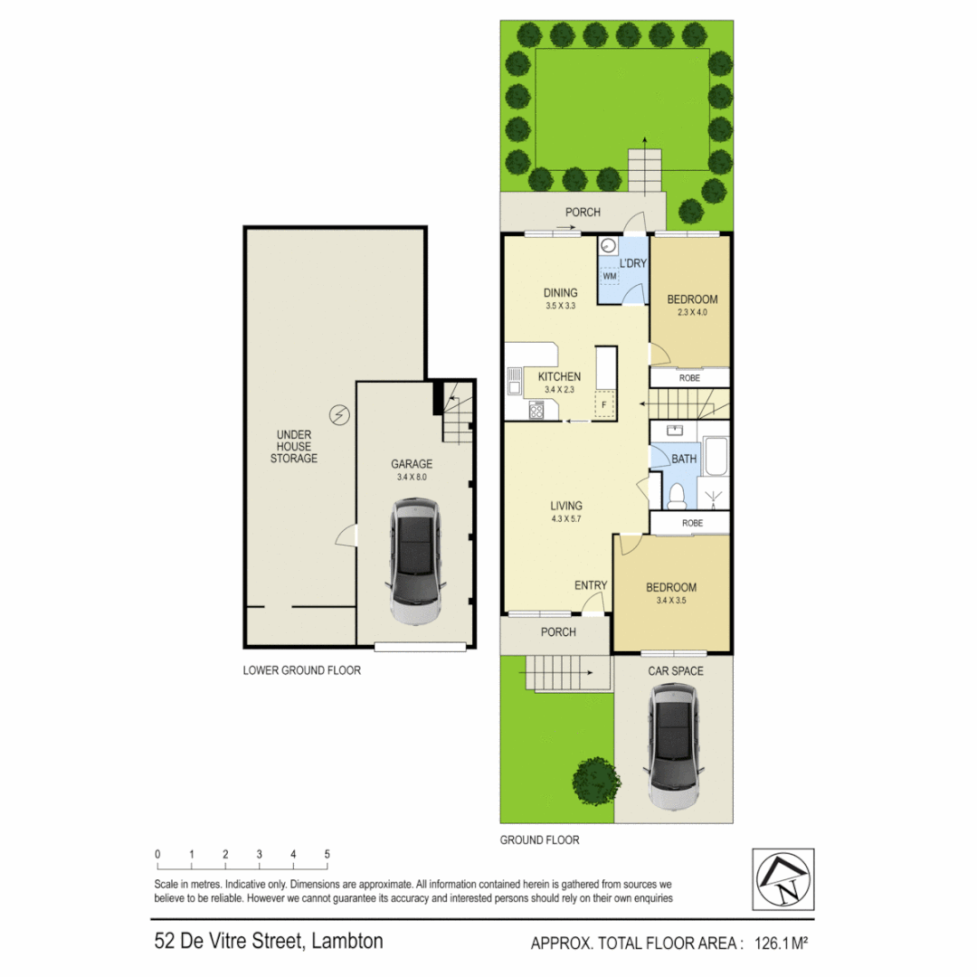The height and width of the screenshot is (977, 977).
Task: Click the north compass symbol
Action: coord(783,878)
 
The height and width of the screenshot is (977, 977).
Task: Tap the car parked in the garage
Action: coord(415,562)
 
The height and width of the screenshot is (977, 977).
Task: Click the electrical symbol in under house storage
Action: coord(340,414)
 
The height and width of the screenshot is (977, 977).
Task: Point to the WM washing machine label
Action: coord(610,275)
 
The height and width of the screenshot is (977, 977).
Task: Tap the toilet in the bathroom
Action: coord(675,495)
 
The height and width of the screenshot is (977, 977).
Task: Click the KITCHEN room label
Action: coord(559,377)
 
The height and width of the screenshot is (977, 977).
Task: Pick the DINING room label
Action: coord(560,292)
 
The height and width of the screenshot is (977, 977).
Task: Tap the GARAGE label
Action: coord(412,464)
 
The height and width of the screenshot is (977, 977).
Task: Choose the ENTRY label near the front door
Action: coord(591,585)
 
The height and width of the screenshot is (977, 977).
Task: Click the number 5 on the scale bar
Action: coord(327,854)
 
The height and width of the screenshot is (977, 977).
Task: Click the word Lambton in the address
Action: coord(347,941)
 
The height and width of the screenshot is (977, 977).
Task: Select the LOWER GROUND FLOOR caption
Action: coord(302,670)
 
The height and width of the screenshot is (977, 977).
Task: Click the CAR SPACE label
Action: coord(676,670)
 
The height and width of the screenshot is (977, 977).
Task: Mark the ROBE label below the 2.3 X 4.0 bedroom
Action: coord(689,378)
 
